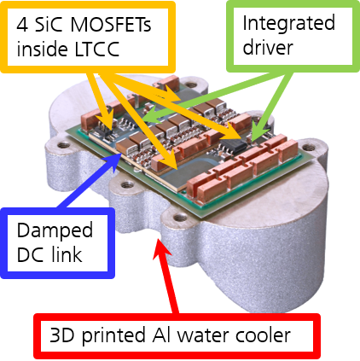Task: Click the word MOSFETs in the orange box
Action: pos(111,25)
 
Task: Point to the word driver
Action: pos(268,47)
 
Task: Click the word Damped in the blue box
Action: pos(55,230)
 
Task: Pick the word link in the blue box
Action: pos(67,253)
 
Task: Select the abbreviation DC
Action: pos(31,254)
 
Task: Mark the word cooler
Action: pos(263,335)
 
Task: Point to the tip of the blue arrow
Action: pos(122,154)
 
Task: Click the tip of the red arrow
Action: pos(159,238)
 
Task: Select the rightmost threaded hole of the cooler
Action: pos(308,147)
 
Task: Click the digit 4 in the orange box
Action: pos(22,25)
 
